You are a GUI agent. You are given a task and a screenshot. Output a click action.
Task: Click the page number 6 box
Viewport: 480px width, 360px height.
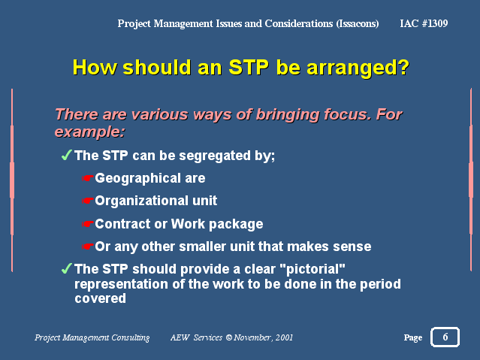pos(445,337)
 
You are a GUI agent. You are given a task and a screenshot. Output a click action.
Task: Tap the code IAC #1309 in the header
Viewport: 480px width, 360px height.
pos(424,23)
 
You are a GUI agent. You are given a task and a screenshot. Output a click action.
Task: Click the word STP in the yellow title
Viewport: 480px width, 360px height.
pos(249,67)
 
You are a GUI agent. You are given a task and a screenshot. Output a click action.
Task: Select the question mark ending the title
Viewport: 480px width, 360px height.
pos(403,67)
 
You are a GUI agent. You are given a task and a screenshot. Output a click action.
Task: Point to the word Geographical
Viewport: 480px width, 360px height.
pos(137,179)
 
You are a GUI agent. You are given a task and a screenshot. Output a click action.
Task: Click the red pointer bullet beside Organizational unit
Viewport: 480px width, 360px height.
pos(87,201)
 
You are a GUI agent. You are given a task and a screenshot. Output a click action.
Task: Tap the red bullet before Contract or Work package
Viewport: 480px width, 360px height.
pos(87,224)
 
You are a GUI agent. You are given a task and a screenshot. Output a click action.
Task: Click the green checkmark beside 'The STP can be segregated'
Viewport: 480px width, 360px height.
pos(66,155)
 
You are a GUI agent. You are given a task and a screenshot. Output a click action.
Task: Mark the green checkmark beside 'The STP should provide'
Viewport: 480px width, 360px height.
pos(66,268)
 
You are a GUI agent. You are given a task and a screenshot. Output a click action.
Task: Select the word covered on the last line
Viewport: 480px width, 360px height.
pos(100,298)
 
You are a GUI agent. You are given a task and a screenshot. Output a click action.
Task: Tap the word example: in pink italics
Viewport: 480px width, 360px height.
pos(89,132)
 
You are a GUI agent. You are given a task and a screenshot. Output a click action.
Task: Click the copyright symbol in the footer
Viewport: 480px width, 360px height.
pos(229,337)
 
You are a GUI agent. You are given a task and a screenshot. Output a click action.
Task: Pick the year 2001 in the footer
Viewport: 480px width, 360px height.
pos(284,337)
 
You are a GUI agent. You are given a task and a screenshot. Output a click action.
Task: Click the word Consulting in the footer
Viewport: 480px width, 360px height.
pos(131,337)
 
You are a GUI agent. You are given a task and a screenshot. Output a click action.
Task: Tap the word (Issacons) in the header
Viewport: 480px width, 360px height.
pos(358,23)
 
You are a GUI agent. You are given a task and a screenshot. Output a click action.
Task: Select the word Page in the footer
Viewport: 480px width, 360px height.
pos(412,337)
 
